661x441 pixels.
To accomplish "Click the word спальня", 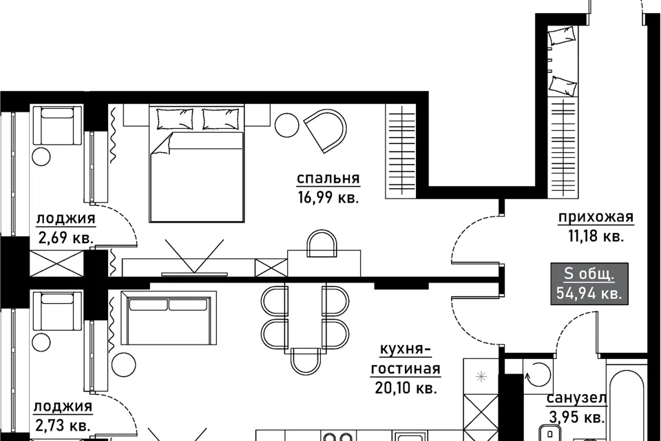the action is pos(328,178).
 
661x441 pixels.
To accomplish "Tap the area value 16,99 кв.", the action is pos(328,198).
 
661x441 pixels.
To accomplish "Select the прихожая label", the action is pos(596,217).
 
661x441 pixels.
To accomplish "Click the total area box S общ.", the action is pos(589,283).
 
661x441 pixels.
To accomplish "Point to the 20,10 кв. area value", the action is pos(406,387).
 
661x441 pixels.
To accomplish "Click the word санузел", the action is pos(576,398).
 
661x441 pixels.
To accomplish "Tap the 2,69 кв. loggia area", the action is pos(66,238).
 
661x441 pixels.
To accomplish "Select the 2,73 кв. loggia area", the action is pos(62,425).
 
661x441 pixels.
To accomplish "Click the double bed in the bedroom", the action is pos(196,164).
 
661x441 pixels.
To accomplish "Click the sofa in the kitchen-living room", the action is pos(169,318).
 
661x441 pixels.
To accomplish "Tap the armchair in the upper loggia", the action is pos(57,126).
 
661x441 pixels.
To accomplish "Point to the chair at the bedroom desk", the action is pos(322,243).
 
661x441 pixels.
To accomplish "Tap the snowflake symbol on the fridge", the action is pos(481,376).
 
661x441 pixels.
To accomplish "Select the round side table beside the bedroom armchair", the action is pos(287,124).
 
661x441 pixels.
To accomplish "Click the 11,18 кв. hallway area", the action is pos(596,236).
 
